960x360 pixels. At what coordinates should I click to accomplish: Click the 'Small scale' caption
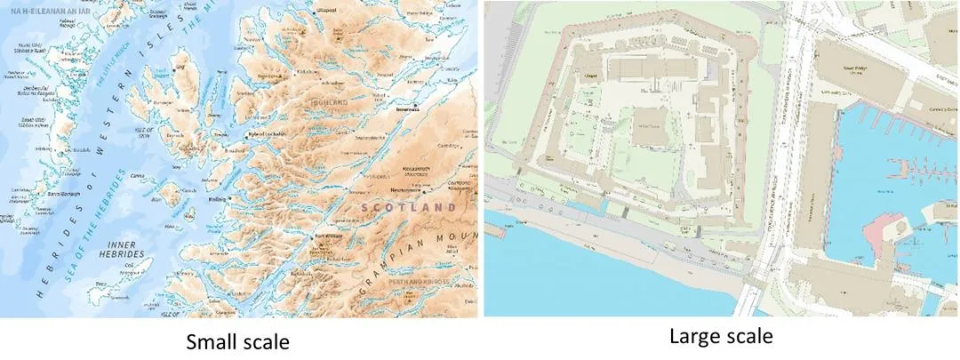(237, 342)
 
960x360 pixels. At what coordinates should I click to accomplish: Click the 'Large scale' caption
(721, 337)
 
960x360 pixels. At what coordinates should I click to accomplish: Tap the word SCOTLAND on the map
(408, 207)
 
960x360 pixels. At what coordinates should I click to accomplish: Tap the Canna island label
(137, 176)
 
